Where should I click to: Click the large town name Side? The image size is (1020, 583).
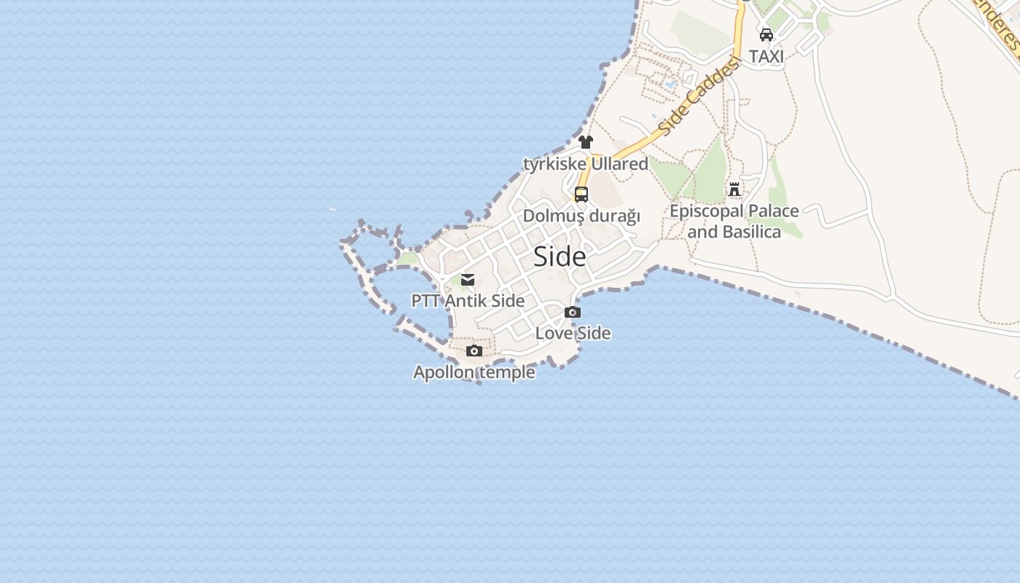pyautogui.click(x=560, y=257)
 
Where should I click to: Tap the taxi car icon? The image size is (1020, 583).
pyautogui.click(x=766, y=34)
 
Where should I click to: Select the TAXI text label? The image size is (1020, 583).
pyautogui.click(x=766, y=56)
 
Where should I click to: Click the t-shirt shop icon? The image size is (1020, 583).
pyautogui.click(x=586, y=142)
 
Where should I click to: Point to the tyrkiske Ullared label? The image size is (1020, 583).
pyautogui.click(x=586, y=164)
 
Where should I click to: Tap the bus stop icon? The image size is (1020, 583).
pyautogui.click(x=581, y=195)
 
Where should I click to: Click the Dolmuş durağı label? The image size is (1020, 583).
pyautogui.click(x=581, y=216)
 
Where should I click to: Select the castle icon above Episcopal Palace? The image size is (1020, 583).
pyautogui.click(x=734, y=189)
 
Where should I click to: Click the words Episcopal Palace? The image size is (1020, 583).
pyautogui.click(x=734, y=211)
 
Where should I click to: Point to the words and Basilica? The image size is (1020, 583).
pyautogui.click(x=734, y=232)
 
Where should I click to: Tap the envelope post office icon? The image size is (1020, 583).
pyautogui.click(x=468, y=279)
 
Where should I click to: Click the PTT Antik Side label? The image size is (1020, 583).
pyautogui.click(x=468, y=300)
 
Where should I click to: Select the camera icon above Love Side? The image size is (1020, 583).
pyautogui.click(x=573, y=313)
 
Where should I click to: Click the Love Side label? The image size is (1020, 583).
pyautogui.click(x=573, y=333)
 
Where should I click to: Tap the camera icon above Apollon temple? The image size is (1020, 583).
pyautogui.click(x=474, y=351)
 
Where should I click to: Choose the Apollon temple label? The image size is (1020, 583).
pyautogui.click(x=474, y=372)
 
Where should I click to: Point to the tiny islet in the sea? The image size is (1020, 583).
pyautogui.click(x=333, y=210)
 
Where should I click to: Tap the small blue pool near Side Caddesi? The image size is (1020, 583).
pyautogui.click(x=670, y=84)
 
